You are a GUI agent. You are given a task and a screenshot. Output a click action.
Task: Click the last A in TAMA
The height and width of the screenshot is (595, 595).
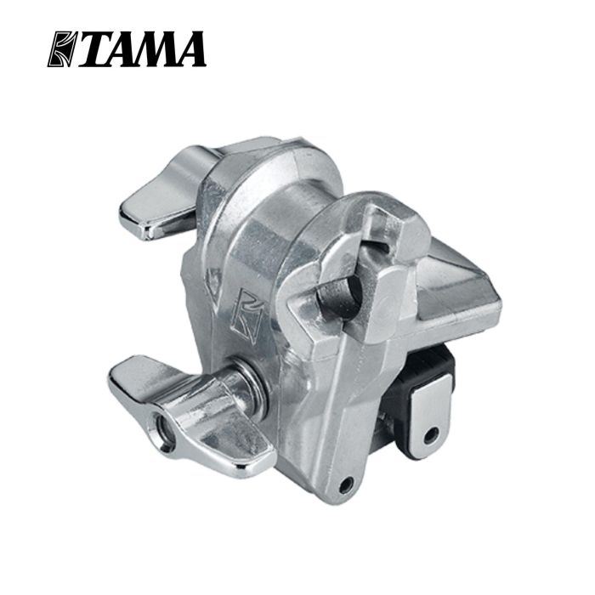tap(189, 49)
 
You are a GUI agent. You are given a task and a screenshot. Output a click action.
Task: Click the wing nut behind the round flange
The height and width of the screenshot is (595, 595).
tap(161, 191)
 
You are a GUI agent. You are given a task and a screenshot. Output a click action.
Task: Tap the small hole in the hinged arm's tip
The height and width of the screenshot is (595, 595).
tap(345, 484)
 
